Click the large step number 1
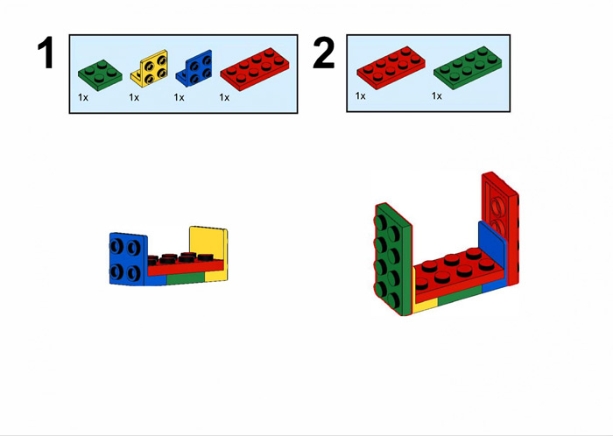tap(46, 53)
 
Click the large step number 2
tap(324, 53)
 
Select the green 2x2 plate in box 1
tap(100, 75)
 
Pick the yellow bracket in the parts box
tap(149, 68)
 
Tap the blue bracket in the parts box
tap(194, 68)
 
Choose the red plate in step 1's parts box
tap(255, 69)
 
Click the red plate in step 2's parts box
tap(391, 68)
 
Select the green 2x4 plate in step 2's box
tap(468, 68)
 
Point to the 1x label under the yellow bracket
tap(134, 97)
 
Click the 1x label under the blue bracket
tap(179, 97)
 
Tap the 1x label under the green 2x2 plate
tap(83, 97)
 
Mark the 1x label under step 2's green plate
tap(437, 95)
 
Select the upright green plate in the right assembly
tap(393, 259)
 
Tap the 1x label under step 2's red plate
tap(361, 95)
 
